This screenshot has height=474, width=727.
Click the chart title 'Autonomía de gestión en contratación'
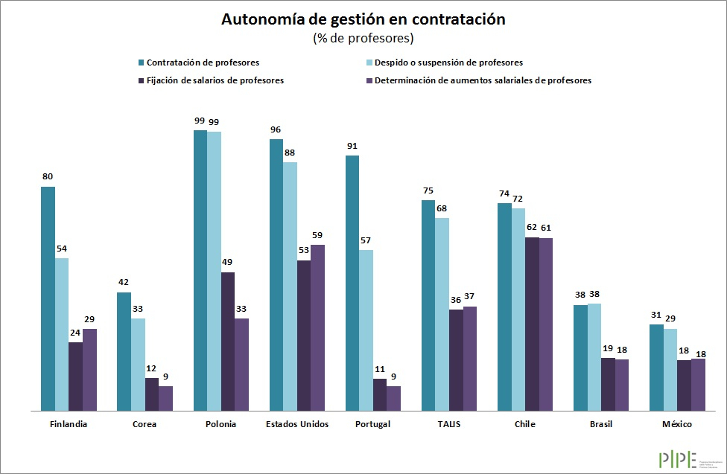(x=363, y=20)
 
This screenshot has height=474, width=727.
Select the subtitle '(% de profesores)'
(x=363, y=38)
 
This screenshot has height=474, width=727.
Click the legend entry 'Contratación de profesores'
(x=203, y=63)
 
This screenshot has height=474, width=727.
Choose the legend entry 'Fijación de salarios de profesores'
(x=215, y=80)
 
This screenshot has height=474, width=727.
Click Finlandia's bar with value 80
(x=48, y=298)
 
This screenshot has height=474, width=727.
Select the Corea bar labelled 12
(x=152, y=394)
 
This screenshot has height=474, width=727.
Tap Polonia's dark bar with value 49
(x=228, y=341)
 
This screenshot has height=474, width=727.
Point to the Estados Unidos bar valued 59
(x=317, y=327)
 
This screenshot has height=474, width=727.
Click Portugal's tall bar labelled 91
(x=352, y=283)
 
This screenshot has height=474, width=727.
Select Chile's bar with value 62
(x=532, y=324)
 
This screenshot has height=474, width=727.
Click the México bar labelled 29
(x=670, y=369)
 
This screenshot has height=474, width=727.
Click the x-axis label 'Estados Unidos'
(x=296, y=424)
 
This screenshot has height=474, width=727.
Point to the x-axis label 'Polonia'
(x=220, y=424)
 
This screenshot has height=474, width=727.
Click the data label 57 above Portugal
(x=366, y=241)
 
